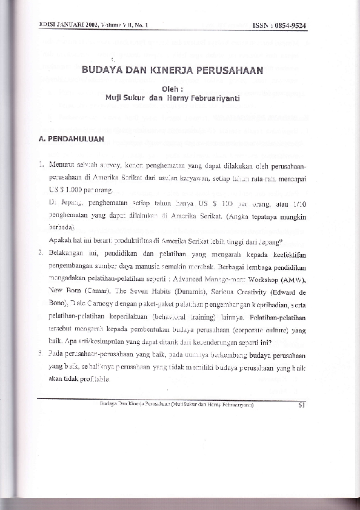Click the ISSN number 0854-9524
290,25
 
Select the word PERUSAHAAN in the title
232,70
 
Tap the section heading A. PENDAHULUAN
71,138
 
